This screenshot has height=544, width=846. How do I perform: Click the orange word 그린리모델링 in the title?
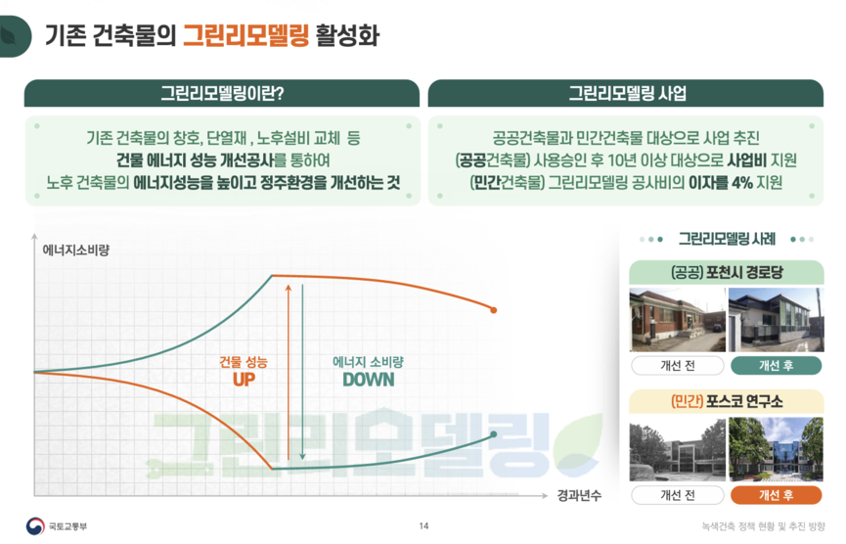pos(246,35)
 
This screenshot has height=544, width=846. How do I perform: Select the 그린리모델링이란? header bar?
pos(222,93)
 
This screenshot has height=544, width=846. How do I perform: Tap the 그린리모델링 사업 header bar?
pos(626,93)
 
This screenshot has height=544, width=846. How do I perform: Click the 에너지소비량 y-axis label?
pos(76,249)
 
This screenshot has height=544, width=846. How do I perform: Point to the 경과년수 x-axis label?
pos(579,495)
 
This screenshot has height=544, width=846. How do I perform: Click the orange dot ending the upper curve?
pos(494,310)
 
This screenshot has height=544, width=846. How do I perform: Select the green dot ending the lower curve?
pos(494,434)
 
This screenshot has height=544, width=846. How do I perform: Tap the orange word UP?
pos(244,380)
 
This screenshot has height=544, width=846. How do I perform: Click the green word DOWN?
pos(369,380)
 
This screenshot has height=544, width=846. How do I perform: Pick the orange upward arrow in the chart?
pos(289,373)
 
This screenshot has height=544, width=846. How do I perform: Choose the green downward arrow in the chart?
pos(302,373)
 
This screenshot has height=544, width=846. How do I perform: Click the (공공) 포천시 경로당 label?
pos(727,272)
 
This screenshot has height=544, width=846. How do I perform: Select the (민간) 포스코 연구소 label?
pos(727,401)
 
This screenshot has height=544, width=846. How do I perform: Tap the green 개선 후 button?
pos(777,365)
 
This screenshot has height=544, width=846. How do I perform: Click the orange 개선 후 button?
pos(777,495)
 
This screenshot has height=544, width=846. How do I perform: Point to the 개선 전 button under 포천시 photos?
pos(678,365)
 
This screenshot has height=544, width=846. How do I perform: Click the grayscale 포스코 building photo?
pos(678,449)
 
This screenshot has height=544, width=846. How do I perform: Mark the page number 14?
pos(424,525)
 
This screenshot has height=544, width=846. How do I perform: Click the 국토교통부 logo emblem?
pos(35,526)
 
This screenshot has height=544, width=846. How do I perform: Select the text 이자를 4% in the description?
pos(720,182)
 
